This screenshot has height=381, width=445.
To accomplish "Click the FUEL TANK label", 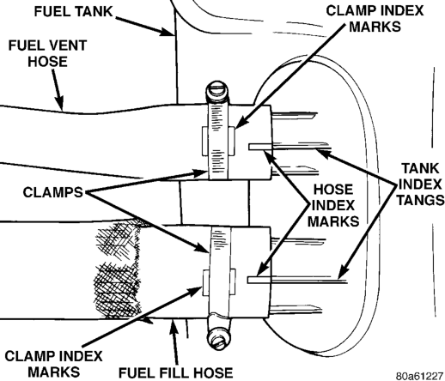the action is pos(74,12).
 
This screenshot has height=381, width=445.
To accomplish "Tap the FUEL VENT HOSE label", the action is pos(47,53).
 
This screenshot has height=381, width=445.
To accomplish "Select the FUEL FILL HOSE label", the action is pos(175,373).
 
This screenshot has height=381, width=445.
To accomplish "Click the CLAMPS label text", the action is pos(53,192).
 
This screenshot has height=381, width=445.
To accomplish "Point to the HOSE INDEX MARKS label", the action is pos(333,206).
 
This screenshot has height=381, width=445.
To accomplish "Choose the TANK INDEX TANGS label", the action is pos(420,184).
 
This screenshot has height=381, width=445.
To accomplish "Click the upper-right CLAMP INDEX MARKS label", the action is pos(375,19).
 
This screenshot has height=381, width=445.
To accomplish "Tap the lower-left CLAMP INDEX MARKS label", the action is pos(53,364).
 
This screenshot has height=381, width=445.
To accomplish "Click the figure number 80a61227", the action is pos(419,376).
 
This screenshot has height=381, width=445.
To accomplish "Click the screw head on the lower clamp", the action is pos(218,339).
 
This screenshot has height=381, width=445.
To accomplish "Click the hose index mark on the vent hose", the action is pos(260,147).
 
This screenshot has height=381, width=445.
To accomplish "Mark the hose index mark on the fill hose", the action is pos(259,280).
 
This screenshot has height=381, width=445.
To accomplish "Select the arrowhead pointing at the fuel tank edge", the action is pos(167,31).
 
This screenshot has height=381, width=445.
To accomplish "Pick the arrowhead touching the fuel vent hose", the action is pos(59,104).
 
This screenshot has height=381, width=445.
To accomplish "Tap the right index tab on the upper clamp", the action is pos(232,142).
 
